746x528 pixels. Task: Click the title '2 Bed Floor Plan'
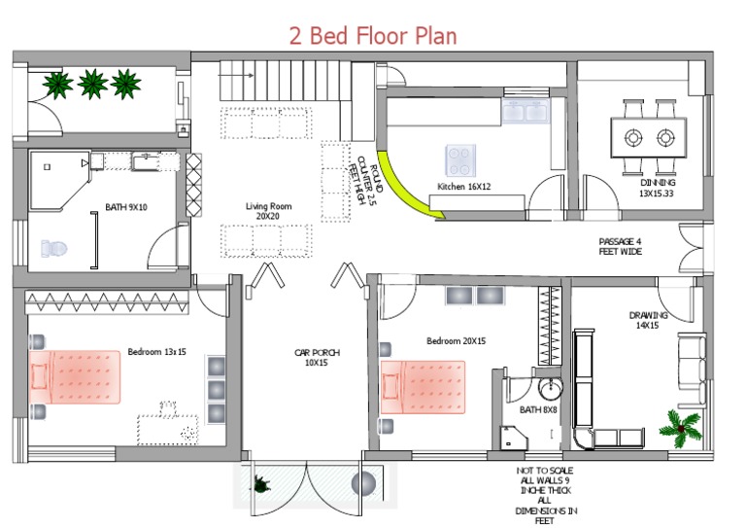click(x=373, y=36)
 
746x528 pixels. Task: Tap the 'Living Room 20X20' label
click(x=268, y=211)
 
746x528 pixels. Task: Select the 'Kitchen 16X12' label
click(x=464, y=186)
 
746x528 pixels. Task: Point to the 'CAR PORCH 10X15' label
click(x=317, y=358)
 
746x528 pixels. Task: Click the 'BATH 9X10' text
click(x=126, y=207)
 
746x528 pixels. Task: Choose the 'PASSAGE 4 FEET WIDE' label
click(x=620, y=247)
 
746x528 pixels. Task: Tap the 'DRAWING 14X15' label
click(x=648, y=320)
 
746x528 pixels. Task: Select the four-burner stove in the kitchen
click(x=460, y=160)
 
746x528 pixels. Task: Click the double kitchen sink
click(x=526, y=111)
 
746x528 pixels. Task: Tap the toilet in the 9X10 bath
click(x=53, y=248)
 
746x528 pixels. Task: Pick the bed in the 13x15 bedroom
click(x=75, y=377)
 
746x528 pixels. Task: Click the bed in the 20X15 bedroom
click(x=423, y=387)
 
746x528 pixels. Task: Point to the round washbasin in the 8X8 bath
click(x=551, y=388)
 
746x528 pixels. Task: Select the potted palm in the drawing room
click(x=681, y=428)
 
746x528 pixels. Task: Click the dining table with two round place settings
click(x=649, y=138)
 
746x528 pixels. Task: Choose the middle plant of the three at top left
click(x=92, y=85)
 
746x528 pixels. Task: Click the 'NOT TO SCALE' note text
click(x=545, y=471)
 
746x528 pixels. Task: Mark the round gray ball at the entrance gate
click(x=363, y=483)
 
